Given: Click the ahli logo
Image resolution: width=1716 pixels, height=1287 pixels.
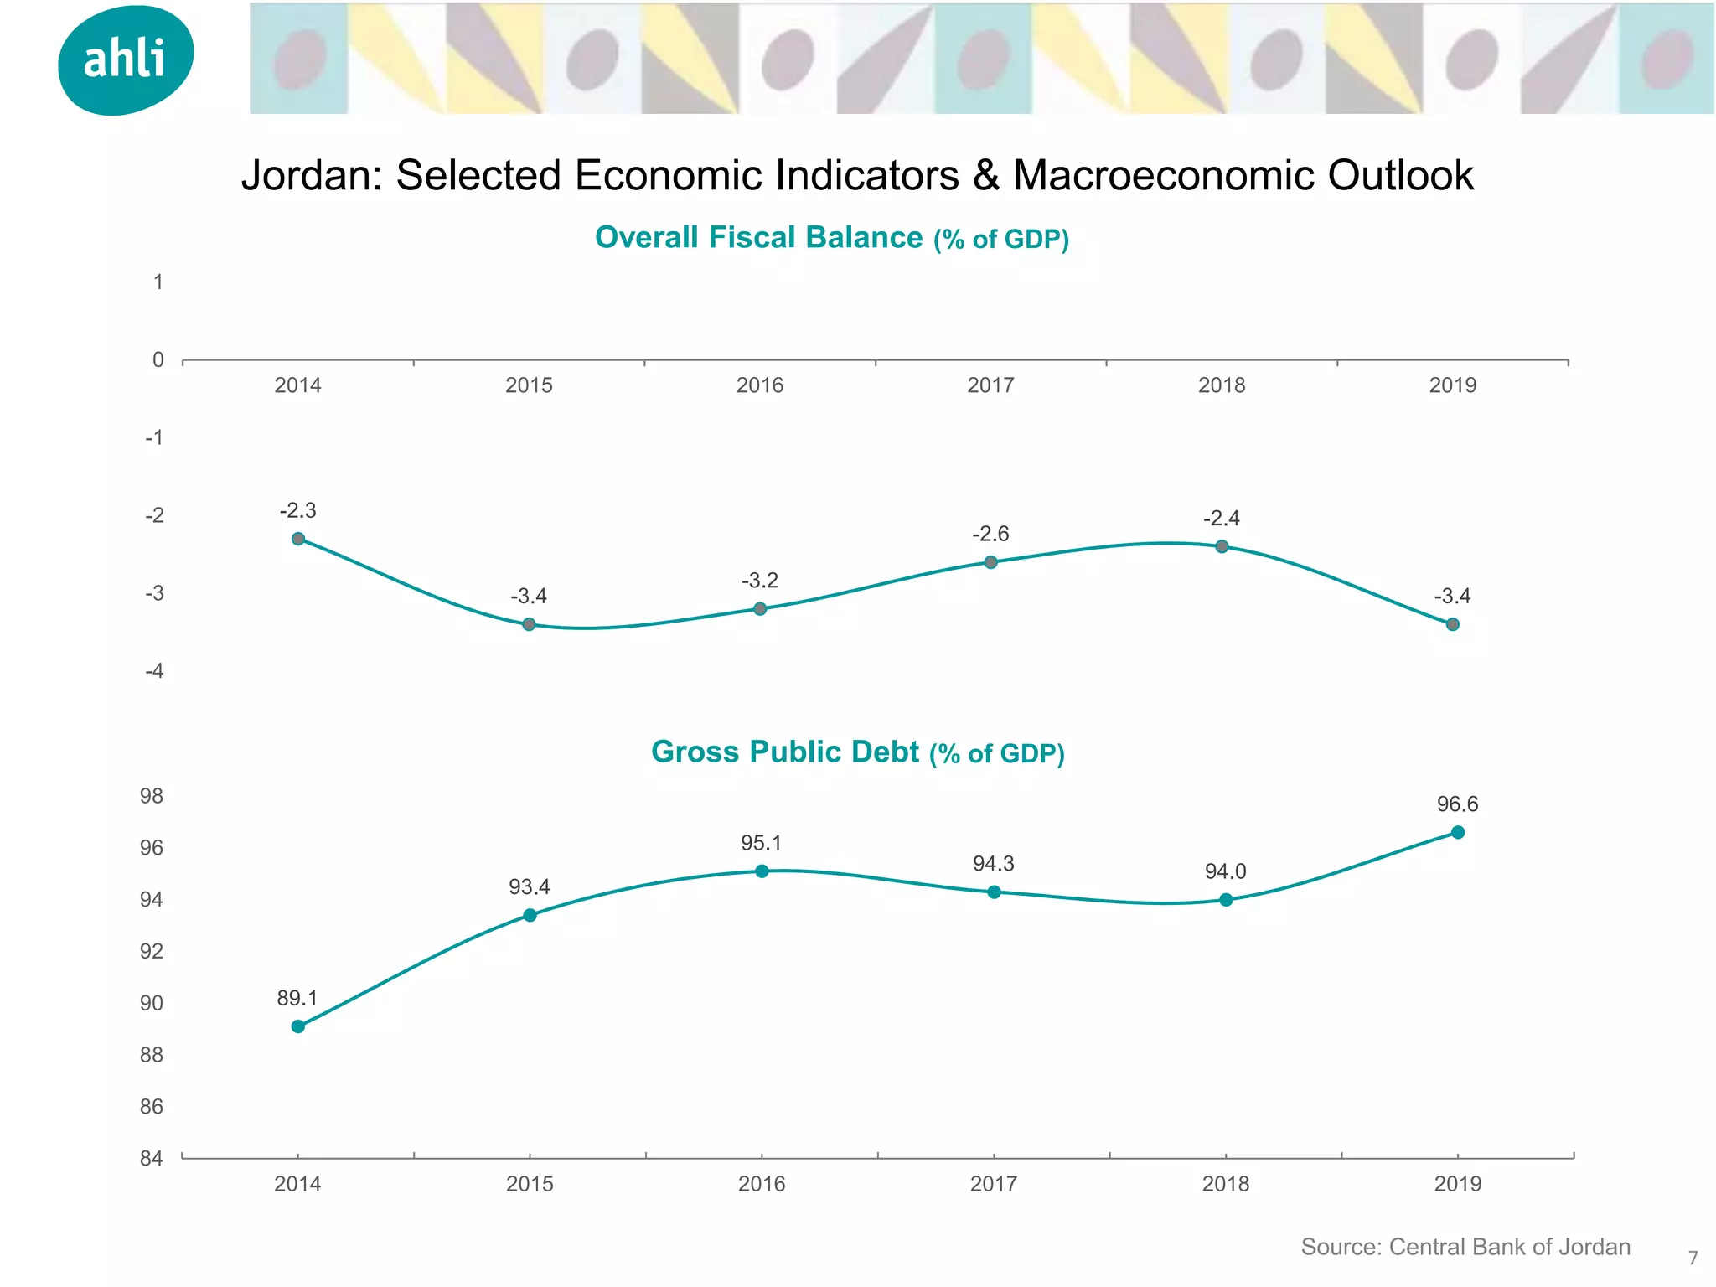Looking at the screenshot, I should pos(126,59).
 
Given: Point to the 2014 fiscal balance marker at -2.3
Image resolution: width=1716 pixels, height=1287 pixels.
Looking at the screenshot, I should pos(298,539).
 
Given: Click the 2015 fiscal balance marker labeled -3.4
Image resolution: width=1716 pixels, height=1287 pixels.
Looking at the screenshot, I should pos(529,624).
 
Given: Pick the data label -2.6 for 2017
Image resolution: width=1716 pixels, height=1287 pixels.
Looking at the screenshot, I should pos(990,534).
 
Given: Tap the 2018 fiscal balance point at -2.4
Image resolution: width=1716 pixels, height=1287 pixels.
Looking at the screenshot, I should pos(1222,546).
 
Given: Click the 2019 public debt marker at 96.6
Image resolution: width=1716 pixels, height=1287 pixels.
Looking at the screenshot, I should pos(1458,832).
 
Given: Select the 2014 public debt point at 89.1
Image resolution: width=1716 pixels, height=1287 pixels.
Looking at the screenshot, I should pos(298,1026).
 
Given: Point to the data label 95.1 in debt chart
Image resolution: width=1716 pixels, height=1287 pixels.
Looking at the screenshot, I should pos(761,843).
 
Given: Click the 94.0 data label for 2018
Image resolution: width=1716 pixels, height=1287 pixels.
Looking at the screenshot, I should pos(1225,871).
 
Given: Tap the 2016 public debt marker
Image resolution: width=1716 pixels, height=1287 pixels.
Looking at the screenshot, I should pos(762,871).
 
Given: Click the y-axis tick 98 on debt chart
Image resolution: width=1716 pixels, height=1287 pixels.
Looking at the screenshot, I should pos(152,796).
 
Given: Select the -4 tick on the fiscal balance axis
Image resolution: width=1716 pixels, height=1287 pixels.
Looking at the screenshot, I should pos(154,671).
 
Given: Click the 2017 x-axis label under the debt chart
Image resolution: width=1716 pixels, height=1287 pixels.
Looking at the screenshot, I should pos(993,1184).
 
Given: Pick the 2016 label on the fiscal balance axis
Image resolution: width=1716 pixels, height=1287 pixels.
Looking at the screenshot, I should pos(759,385).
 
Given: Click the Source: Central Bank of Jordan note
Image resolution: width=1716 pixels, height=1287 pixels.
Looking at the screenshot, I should pos(1465,1247).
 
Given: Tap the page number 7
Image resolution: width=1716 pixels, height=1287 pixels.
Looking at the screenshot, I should pos(1693,1258).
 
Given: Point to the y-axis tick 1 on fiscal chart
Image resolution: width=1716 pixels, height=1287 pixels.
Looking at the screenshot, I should pos(158,282).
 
